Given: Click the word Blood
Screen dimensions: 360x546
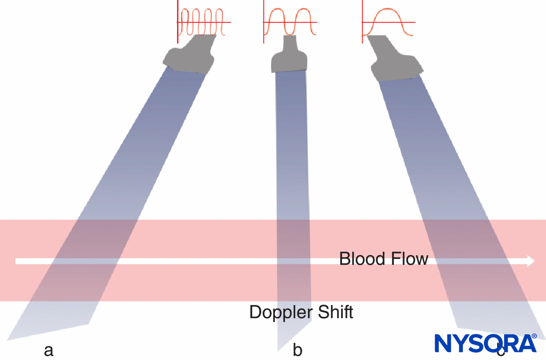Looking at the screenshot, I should tap(362, 259).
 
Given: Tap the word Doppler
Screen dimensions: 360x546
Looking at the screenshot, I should tap(281, 313).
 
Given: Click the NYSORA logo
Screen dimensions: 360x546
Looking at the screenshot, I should tap(485, 343).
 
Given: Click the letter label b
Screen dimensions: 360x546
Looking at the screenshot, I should tap(297, 350).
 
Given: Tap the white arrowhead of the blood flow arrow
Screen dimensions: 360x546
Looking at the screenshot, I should tap(531, 261).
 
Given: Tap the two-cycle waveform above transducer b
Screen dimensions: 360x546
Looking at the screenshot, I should tap(290, 22).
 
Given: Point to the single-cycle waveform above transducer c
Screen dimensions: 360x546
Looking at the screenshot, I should tap(388, 22).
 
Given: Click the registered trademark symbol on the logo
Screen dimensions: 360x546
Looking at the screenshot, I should tap(534, 336).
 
